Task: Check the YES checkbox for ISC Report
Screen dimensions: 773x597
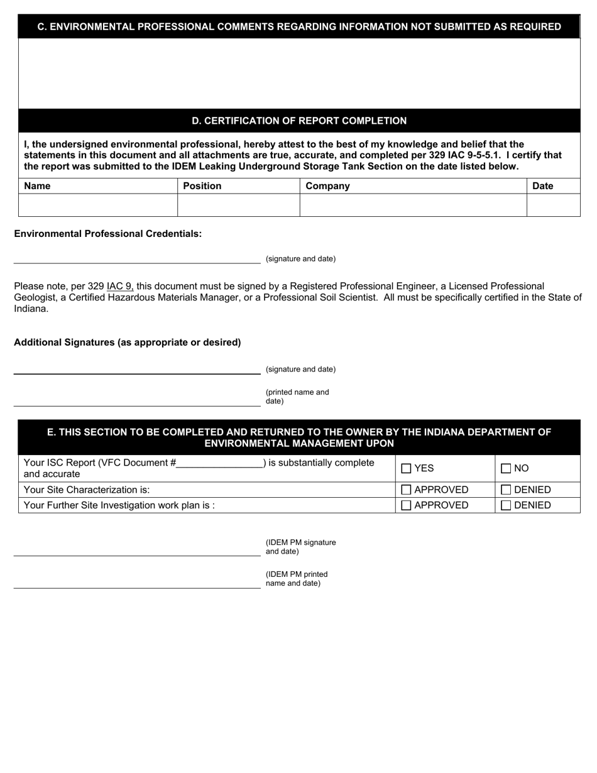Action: pos(406,468)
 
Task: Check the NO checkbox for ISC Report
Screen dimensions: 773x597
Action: pos(506,468)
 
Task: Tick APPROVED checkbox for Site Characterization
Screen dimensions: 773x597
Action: pos(406,490)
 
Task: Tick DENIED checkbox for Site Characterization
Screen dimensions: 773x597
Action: pos(506,490)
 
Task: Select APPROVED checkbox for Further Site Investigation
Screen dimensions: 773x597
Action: pos(406,505)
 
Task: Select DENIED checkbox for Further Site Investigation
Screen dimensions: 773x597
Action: pos(506,505)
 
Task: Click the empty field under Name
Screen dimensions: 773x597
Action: pos(98,205)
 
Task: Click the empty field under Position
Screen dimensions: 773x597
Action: pos(238,205)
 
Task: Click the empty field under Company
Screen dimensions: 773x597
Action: pos(413,205)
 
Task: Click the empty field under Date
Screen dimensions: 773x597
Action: pos(553,205)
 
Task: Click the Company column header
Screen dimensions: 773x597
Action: pos(327,186)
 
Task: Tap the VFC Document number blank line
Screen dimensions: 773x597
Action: pos(219,464)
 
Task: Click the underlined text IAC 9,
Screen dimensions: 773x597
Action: pos(120,286)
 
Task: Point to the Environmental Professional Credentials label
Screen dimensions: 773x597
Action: pos(107,234)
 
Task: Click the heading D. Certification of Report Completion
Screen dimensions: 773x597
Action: pos(299,121)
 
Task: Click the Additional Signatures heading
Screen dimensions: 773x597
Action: pos(127,343)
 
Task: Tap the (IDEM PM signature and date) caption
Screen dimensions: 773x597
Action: pos(300,547)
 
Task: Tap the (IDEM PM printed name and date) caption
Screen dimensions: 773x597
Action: pos(296,579)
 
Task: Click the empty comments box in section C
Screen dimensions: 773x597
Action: pos(299,74)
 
